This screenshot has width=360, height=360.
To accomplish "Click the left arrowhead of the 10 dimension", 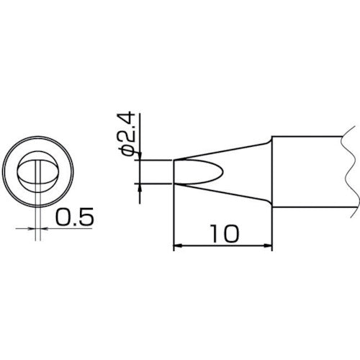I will point(179,248).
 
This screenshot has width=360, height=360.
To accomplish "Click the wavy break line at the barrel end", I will point(348,173).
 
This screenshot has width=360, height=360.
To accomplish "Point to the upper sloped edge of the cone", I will point(223,150).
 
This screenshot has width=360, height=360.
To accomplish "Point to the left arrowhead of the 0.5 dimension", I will point(30,228).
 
